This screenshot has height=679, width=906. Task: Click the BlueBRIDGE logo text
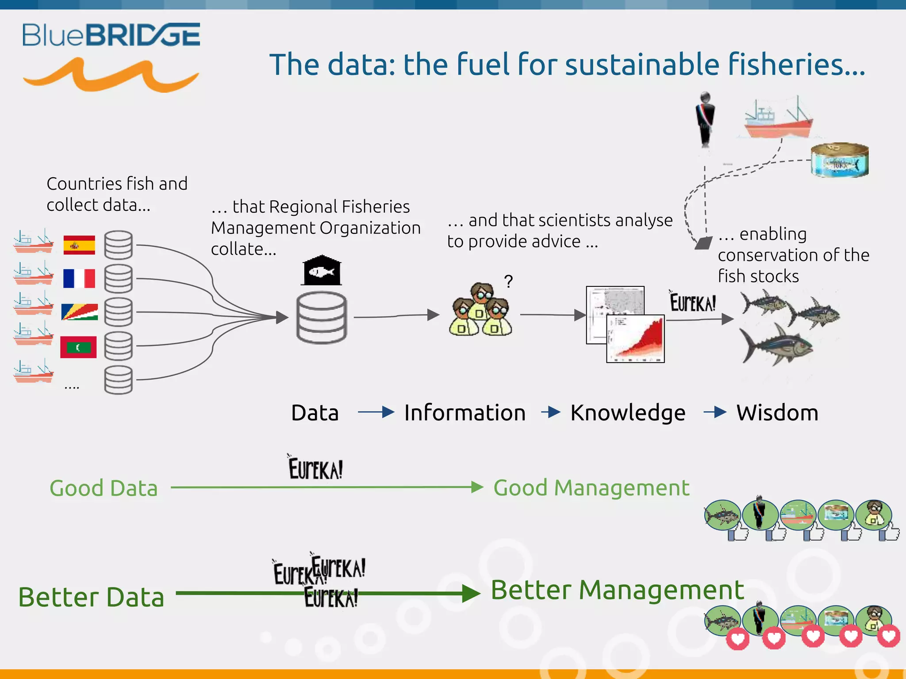[x=111, y=35]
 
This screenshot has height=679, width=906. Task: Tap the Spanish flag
[x=79, y=245]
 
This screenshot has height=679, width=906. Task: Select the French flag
[x=79, y=278]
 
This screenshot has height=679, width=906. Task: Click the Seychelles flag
[x=79, y=312]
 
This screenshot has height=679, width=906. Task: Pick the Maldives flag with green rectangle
[x=78, y=347]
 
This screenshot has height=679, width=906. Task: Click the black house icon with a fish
[x=322, y=271]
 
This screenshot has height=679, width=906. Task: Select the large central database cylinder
[x=322, y=317]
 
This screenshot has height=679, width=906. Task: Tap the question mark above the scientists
[x=509, y=282]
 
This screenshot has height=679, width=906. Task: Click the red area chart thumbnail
[x=635, y=339]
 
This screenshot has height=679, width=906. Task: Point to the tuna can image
[x=839, y=160]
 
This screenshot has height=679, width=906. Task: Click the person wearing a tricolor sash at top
[x=705, y=119]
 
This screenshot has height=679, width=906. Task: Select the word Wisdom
[x=777, y=412]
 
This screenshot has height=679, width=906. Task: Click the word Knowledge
[x=628, y=412]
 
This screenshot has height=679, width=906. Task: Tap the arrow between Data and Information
[x=376, y=412]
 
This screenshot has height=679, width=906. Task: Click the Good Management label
[x=591, y=488]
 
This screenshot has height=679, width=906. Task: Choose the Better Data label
[x=91, y=597]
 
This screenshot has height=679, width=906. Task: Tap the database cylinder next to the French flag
[x=119, y=278]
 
